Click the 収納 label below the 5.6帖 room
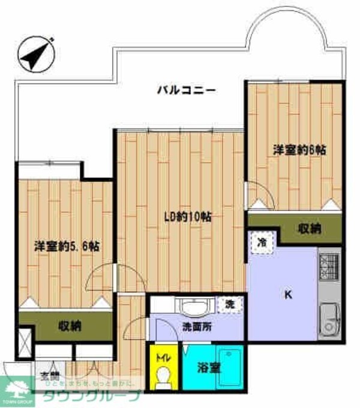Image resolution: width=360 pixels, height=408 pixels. coord(70,326)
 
